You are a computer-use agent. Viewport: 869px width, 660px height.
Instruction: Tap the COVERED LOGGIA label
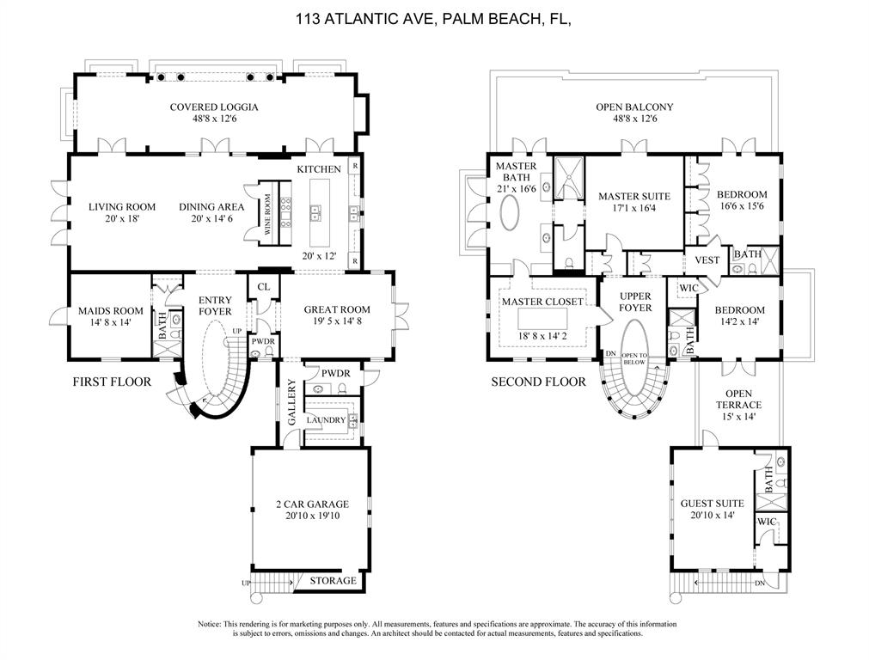coord(214,107)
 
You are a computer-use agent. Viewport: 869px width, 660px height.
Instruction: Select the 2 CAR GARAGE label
coord(312,504)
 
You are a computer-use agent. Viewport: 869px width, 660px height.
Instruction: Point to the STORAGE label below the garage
coord(333,581)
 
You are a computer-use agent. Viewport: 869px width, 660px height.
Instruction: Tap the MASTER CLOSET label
coord(542,302)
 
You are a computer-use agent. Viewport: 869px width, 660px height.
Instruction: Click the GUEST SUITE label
coord(712,504)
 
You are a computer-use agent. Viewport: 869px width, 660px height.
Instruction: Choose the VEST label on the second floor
coord(707,260)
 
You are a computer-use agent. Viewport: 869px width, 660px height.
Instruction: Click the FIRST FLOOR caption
coord(112,382)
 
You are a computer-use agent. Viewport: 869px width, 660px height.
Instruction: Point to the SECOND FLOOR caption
coord(538,382)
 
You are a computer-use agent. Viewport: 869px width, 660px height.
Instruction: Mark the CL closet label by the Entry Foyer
coord(263,287)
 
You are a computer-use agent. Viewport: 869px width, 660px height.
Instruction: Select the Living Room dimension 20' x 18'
coord(122,219)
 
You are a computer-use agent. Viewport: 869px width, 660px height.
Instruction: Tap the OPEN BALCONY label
coord(634,107)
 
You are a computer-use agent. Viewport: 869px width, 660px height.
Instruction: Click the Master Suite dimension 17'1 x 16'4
coord(634,209)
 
